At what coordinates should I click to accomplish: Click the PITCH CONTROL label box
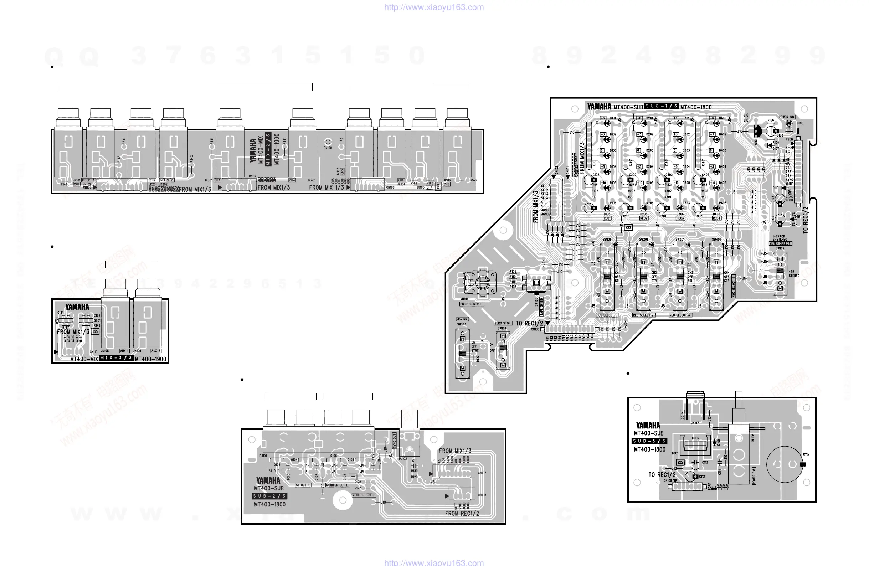(471, 304)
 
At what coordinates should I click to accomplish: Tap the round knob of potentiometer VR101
(483, 282)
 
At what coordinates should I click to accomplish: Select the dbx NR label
(462, 319)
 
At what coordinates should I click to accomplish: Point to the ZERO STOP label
(503, 323)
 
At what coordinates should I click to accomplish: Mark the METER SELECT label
(780, 243)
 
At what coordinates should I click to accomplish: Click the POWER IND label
(786, 117)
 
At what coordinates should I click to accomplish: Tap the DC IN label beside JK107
(682, 415)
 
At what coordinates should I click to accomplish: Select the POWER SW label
(754, 477)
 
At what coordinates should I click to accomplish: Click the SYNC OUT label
(394, 441)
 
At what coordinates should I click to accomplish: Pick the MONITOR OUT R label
(364, 495)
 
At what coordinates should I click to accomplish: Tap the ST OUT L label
(276, 471)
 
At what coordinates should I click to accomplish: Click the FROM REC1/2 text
(462, 513)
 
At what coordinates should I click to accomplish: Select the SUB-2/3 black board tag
(269, 496)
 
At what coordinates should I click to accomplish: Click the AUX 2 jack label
(156, 351)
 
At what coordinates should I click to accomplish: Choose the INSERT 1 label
(88, 180)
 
